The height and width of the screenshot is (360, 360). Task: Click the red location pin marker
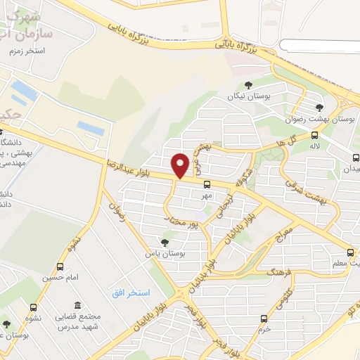click(181, 165)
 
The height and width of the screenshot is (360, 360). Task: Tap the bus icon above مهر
click(206, 185)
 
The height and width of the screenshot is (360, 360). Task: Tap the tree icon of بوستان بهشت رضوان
click(320, 108)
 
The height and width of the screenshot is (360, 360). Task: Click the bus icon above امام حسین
click(60, 267)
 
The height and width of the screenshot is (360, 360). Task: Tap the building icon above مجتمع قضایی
click(77, 306)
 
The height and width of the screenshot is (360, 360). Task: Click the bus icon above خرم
click(264, 318)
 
